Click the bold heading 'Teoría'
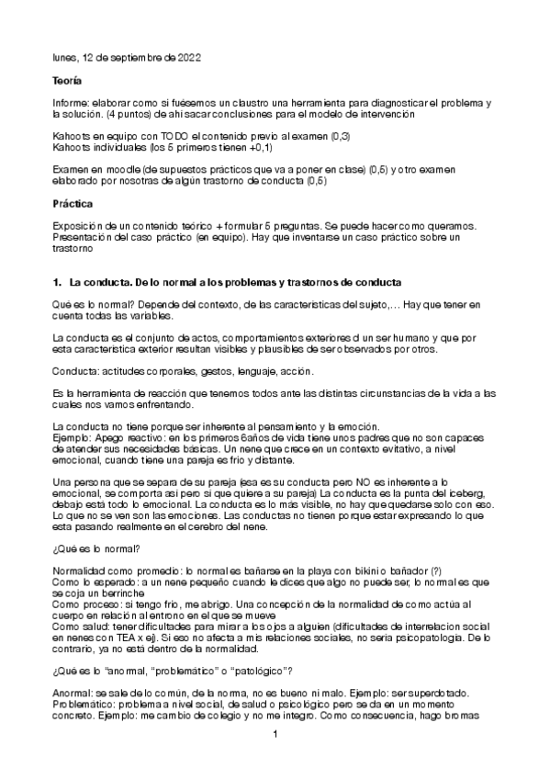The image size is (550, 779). pos(68,82)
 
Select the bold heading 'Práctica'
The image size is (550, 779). pos(73,203)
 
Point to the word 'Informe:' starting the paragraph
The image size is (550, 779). pos(72,106)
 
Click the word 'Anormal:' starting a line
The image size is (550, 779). pos(73,690)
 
